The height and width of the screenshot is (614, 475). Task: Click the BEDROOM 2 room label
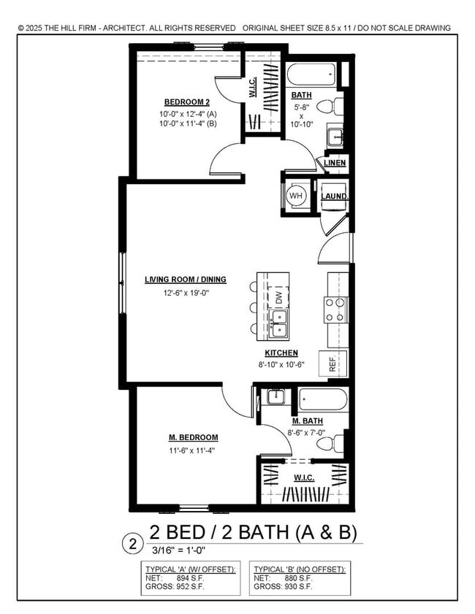pyautogui.click(x=182, y=101)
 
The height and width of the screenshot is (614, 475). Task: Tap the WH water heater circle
pyautogui.click(x=296, y=196)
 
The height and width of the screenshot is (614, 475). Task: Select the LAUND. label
pyautogui.click(x=334, y=196)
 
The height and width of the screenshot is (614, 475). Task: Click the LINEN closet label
pyautogui.click(x=335, y=162)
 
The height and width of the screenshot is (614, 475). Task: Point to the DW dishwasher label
pyautogui.click(x=278, y=296)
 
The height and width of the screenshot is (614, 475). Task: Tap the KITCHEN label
pyautogui.click(x=275, y=353)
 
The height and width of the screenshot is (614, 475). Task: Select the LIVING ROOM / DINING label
pyautogui.click(x=185, y=280)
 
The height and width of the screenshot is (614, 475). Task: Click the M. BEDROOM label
pyautogui.click(x=194, y=438)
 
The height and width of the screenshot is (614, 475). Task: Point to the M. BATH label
pyautogui.click(x=308, y=421)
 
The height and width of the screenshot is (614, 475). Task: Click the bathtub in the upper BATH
pyautogui.click(x=311, y=74)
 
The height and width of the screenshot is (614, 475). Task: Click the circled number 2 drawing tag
pyautogui.click(x=132, y=543)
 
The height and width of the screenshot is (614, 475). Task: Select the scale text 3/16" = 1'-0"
pyautogui.click(x=178, y=550)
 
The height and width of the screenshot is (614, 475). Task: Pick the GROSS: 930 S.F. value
pyautogui.click(x=284, y=586)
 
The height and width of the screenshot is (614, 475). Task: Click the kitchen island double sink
pyautogui.click(x=278, y=323)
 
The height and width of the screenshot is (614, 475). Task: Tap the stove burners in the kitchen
pyautogui.click(x=335, y=310)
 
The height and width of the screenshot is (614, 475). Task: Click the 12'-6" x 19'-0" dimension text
pyautogui.click(x=186, y=293)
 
